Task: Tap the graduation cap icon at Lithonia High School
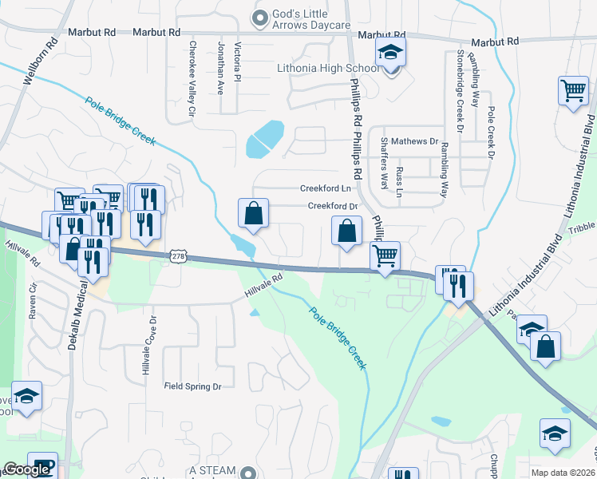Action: coord(391,53)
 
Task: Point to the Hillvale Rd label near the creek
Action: coord(264,287)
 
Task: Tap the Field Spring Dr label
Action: coord(192,386)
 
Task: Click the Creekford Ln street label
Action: coord(326,189)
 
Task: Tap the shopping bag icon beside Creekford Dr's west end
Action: coord(253,214)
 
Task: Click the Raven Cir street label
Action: coord(34,299)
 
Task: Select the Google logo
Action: coord(26,469)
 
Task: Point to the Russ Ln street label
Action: coord(400,181)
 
